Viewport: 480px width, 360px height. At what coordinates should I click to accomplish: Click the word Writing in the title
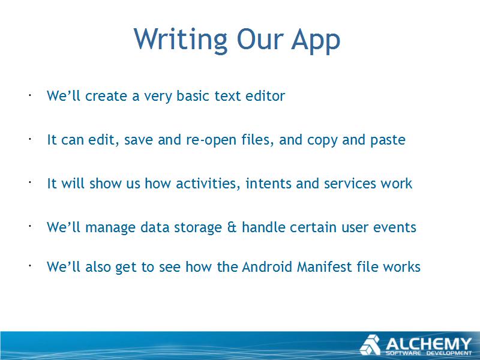tap(181, 39)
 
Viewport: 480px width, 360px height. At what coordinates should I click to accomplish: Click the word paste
tap(388, 140)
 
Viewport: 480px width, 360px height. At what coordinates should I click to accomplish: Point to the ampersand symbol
tap(232, 227)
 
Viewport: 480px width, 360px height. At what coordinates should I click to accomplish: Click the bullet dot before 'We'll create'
tap(30, 95)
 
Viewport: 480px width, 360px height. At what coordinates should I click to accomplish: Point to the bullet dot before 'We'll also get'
tap(30, 266)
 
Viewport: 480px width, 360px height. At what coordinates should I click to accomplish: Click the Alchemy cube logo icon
tap(370, 345)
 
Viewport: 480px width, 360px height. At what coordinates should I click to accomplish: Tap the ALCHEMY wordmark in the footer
tap(429, 344)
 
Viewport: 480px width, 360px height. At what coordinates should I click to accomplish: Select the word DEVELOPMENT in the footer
tap(449, 353)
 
